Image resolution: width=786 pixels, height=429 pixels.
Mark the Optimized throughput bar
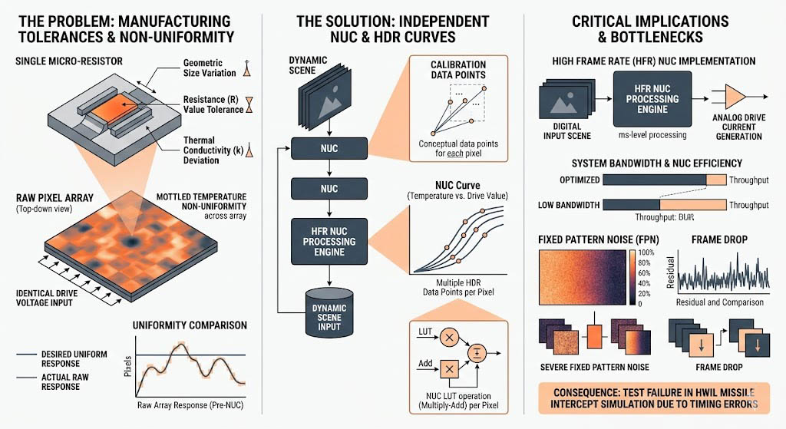tap(663, 179)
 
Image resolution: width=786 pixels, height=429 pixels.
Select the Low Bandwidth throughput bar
tap(663, 205)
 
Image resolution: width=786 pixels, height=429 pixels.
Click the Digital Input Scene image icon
tap(569, 101)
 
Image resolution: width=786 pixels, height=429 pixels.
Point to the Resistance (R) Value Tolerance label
tap(213, 104)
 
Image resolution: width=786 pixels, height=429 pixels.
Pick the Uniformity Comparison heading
tap(190, 325)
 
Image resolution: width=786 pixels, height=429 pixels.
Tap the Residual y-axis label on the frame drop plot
tap(671, 273)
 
